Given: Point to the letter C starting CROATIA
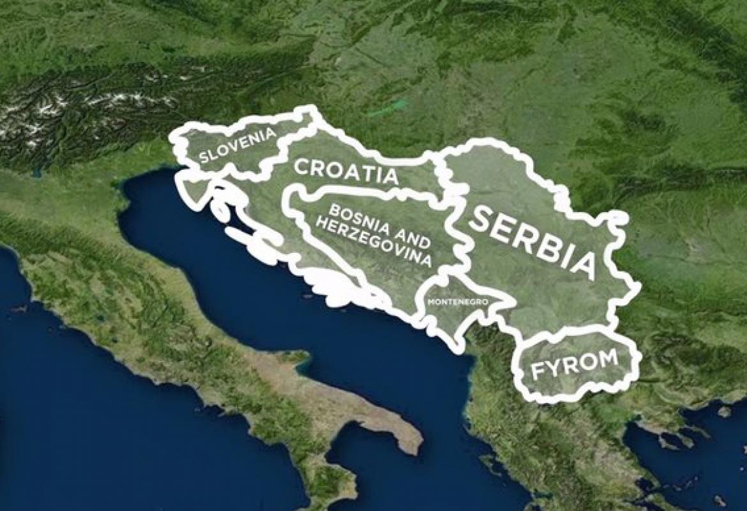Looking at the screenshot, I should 303,166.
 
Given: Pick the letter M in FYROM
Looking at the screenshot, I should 608,358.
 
